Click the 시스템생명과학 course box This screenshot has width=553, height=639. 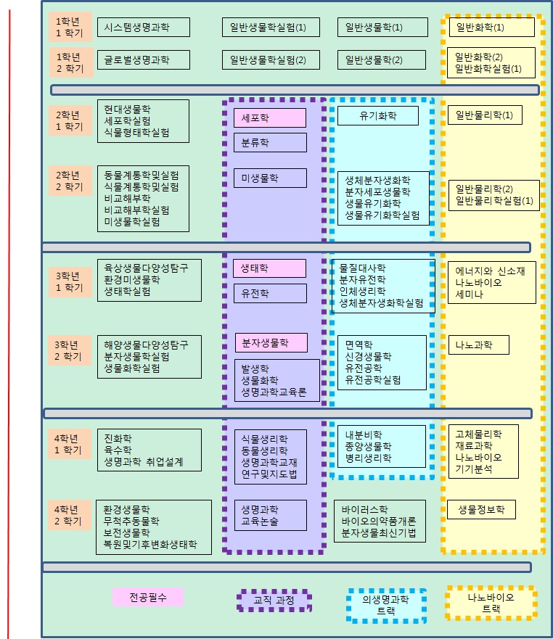(143, 28)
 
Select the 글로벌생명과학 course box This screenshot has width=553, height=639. (143, 59)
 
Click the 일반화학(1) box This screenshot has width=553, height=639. (491, 28)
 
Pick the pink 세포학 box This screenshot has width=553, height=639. (270, 118)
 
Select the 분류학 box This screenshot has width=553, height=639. (270, 143)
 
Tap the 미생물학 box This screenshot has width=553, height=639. (270, 178)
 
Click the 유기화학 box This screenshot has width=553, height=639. (378, 115)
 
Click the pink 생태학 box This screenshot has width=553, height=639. (270, 268)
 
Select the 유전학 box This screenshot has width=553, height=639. (270, 294)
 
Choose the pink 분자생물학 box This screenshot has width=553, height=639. (271, 342)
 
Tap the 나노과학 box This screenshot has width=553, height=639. (478, 345)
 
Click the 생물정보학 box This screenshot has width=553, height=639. (481, 510)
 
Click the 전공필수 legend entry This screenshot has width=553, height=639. (148, 597)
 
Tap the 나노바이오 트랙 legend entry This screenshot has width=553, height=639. (491, 603)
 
